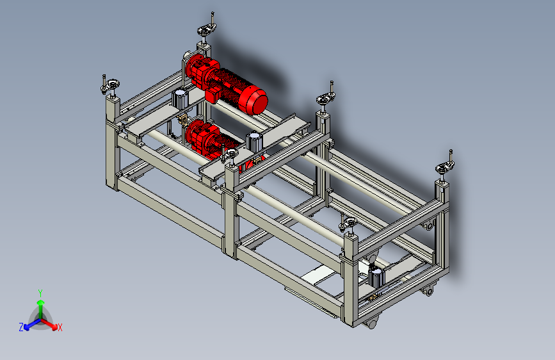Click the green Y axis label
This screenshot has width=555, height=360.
(x=40, y=293)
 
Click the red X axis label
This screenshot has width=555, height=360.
(x=60, y=327)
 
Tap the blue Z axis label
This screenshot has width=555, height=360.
(x=21, y=327)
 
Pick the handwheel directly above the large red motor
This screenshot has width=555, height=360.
(x=206, y=29)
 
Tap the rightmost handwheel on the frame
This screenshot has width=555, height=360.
(x=444, y=167)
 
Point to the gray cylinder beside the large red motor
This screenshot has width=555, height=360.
(x=180, y=99)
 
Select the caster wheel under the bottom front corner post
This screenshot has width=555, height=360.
(x=371, y=323)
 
